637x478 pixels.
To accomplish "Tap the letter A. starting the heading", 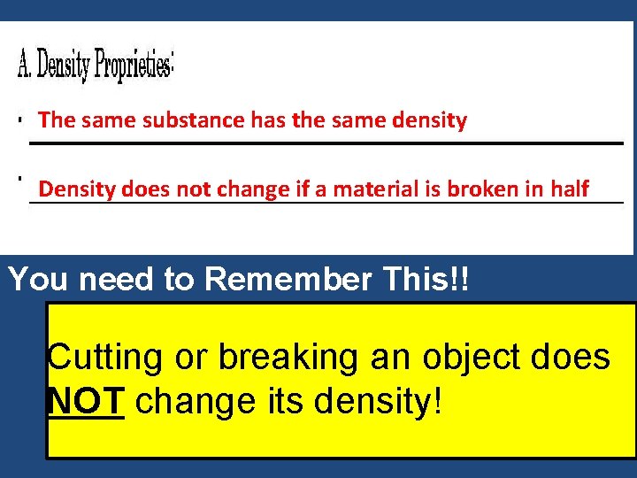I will click(25, 64).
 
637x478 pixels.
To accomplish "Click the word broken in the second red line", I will click(477, 189).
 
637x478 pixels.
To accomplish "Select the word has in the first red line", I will click(268, 120).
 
